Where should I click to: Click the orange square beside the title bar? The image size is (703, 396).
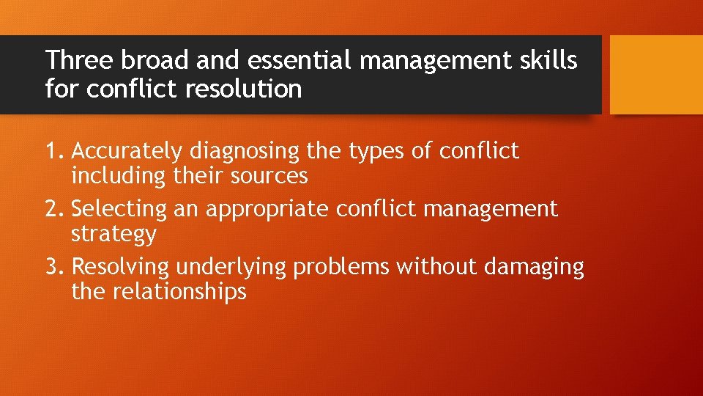pyautogui.click(x=655, y=75)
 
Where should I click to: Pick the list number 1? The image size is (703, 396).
pyautogui.click(x=55, y=151)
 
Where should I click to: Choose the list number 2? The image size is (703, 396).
pyautogui.click(x=55, y=209)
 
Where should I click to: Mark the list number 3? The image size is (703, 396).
pyautogui.click(x=55, y=267)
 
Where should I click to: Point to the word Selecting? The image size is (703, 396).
pyautogui.click(x=119, y=210)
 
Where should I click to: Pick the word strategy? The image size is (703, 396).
pyautogui.click(x=114, y=235)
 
